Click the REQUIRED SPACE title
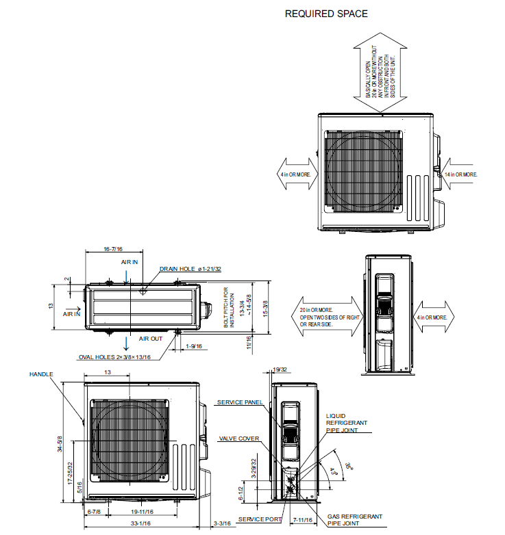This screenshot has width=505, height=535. pos(326,14)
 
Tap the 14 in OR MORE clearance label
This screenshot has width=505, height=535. pos(461,174)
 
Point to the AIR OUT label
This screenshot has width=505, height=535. pos(151,339)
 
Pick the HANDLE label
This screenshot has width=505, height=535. pos(40,374)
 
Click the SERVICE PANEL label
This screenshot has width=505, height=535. pos(238,402)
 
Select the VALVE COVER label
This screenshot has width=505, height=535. pos(238,438)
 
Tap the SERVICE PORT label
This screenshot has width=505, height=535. pos(260,520)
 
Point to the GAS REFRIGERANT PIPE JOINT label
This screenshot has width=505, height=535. pos(354,519)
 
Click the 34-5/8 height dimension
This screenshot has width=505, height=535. pos(61,445)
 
